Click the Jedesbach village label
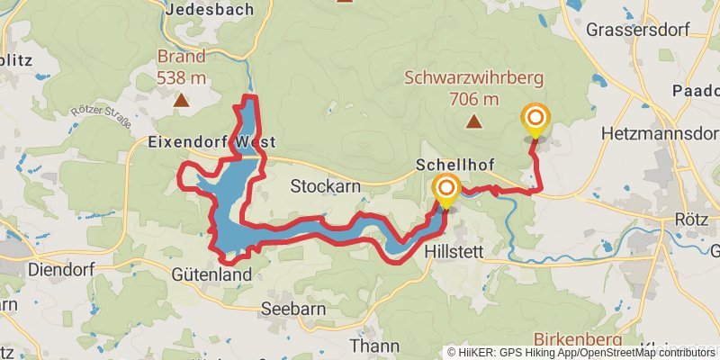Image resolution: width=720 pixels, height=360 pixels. pos(210,9)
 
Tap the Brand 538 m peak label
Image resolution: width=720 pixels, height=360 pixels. pos(182,67)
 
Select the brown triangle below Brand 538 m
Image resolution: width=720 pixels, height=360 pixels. pos(182,100)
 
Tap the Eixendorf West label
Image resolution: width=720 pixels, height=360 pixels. pos(211,142)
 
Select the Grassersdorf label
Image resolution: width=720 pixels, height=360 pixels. pos(639,29)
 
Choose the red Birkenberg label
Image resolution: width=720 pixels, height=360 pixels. pos(577,339)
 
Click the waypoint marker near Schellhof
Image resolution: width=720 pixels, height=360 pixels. pos(445,189)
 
